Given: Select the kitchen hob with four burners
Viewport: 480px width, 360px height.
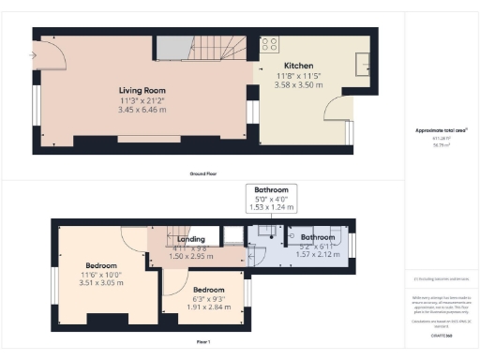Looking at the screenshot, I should (269, 43).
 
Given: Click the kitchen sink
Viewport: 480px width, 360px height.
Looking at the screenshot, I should (363, 64).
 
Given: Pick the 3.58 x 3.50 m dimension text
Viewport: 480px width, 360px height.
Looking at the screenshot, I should (299, 84).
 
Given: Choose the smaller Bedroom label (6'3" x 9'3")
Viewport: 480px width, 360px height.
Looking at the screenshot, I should (202, 291).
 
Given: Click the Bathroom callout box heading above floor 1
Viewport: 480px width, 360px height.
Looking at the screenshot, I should (272, 190).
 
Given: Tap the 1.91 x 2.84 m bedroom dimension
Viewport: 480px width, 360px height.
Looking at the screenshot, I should (202, 307).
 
